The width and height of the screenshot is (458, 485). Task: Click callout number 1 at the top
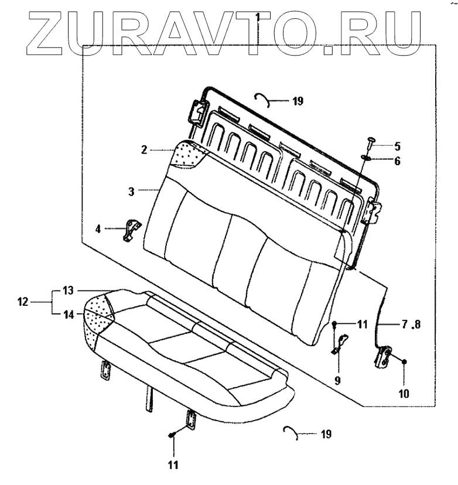click(258, 17)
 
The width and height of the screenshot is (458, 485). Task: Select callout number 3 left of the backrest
click(132, 191)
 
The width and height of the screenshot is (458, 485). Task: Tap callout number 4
click(99, 228)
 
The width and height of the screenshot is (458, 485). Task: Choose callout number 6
click(397, 160)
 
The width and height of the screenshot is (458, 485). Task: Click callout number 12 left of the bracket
click(23, 302)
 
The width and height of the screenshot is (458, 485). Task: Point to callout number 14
click(69, 315)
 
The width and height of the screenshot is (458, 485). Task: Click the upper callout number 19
click(297, 101)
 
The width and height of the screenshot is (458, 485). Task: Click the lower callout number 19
click(326, 434)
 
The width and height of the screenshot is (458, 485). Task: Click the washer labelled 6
click(365, 158)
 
